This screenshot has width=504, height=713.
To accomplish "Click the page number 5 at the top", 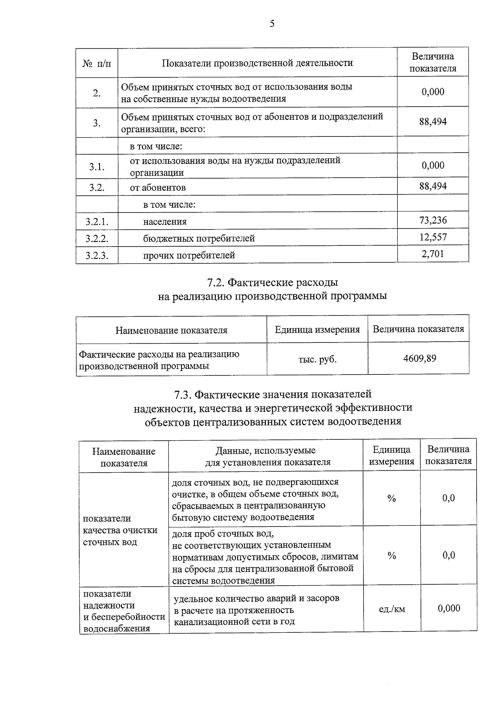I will [x=272, y=24].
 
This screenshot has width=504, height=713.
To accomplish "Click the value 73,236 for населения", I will [x=433, y=220].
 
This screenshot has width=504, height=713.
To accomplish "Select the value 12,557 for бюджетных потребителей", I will [x=433, y=237].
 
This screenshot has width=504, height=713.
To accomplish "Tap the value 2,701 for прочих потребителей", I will [x=433, y=253].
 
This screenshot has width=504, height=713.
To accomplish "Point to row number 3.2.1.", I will [x=97, y=221].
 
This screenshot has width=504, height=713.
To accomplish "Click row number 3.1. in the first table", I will [x=97, y=167].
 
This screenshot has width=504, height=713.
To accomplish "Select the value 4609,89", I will [x=420, y=358].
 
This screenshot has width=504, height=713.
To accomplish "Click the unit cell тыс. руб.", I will [x=318, y=359].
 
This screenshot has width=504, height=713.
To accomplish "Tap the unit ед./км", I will [x=392, y=609].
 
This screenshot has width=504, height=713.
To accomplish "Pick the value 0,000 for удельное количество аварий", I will [x=449, y=608].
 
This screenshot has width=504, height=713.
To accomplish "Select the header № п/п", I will [x=97, y=63].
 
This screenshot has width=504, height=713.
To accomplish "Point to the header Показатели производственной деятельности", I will [x=257, y=63].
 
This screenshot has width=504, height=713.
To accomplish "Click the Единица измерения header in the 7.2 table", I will [x=318, y=329].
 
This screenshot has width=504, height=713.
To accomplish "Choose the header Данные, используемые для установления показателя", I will [x=266, y=456].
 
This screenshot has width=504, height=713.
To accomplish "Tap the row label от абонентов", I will [x=157, y=188].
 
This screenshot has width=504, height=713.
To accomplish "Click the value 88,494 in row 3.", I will [x=433, y=122].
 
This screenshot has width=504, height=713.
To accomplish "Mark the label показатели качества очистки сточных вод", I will [x=120, y=530].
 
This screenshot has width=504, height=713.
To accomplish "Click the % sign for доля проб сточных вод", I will [x=392, y=556].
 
